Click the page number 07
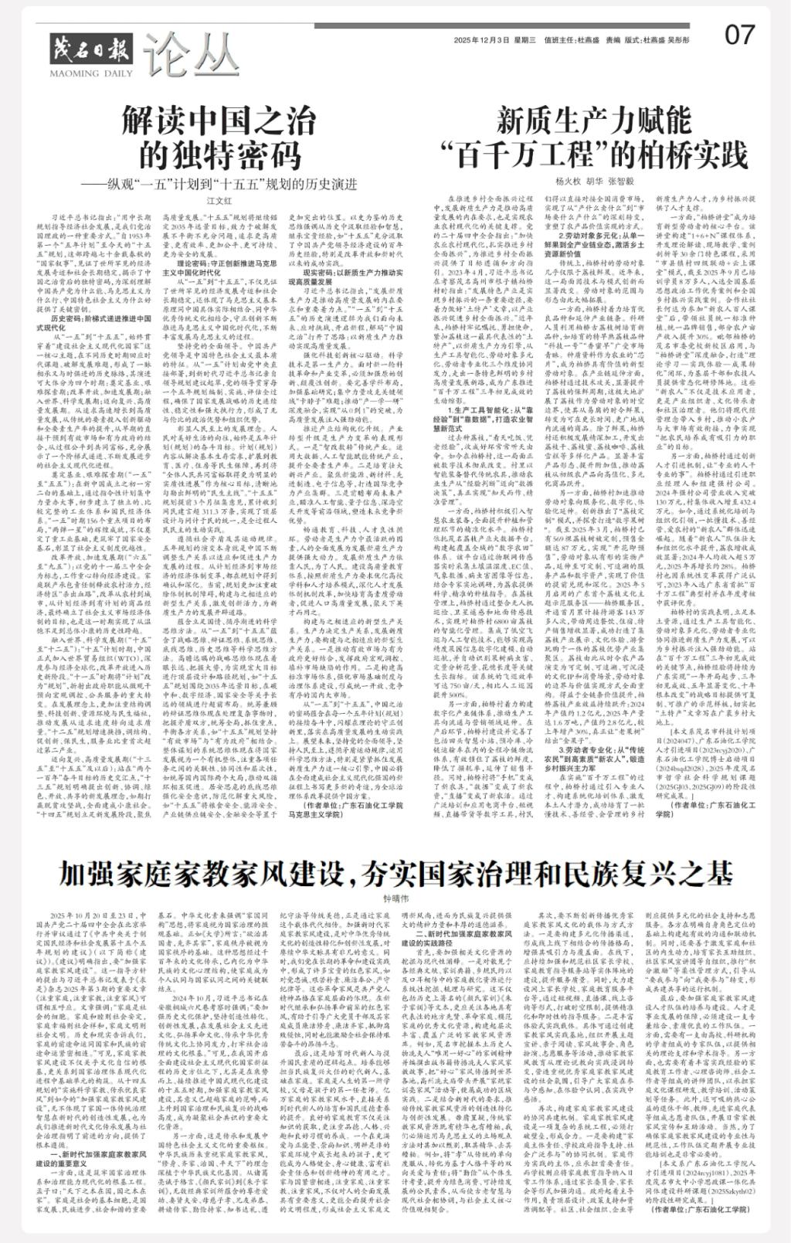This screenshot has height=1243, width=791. tap(739, 36)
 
